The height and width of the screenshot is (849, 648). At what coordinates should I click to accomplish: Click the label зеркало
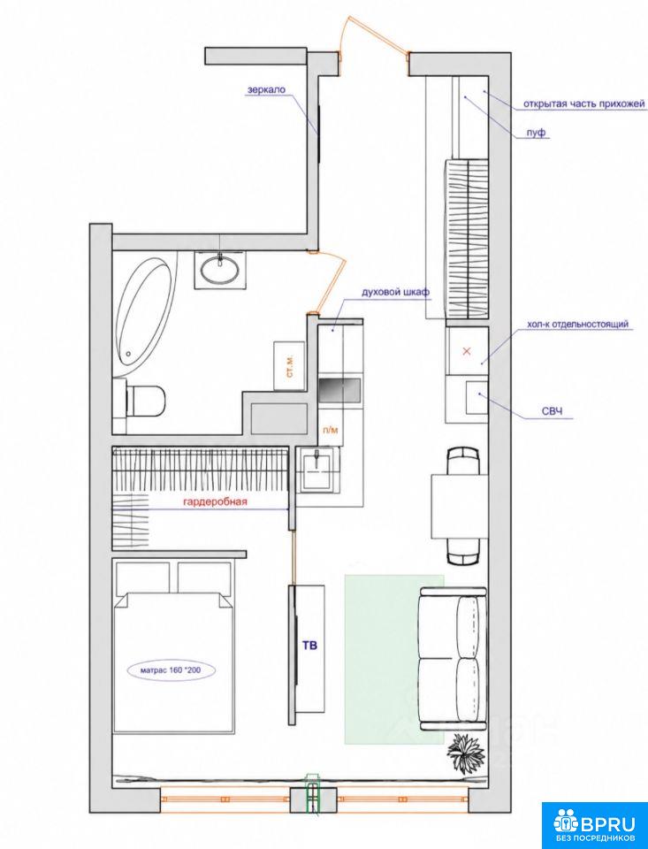pyautogui.click(x=266, y=89)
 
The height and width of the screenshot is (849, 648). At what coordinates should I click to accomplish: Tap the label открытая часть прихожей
pyautogui.click(x=584, y=103)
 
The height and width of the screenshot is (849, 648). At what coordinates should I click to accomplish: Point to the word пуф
pyautogui.click(x=536, y=133)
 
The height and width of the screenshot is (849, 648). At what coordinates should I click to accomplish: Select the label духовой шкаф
pyautogui.click(x=396, y=293)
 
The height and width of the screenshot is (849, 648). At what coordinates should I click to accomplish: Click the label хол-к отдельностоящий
pyautogui.click(x=577, y=325)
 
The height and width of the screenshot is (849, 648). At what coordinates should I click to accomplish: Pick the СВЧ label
pyautogui.click(x=553, y=412)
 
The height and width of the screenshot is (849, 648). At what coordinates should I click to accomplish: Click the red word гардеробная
pyautogui.click(x=216, y=502)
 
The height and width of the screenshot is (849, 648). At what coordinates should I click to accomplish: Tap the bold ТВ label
pyautogui.click(x=309, y=645)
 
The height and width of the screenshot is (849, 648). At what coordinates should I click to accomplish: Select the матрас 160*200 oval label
pyautogui.click(x=172, y=670)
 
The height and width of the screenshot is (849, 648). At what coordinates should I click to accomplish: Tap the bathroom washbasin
pyautogui.click(x=220, y=268)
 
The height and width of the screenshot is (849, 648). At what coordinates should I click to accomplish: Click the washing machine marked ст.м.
pyautogui.click(x=290, y=365)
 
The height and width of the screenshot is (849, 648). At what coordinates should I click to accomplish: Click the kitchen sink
pyautogui.click(x=318, y=469)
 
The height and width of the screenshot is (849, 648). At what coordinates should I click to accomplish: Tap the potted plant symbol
pyautogui.click(x=466, y=751)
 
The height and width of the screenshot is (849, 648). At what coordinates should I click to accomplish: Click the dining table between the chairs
pyautogui.click(x=460, y=506)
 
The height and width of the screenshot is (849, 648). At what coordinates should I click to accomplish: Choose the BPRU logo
pyautogui.click(x=594, y=824)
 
